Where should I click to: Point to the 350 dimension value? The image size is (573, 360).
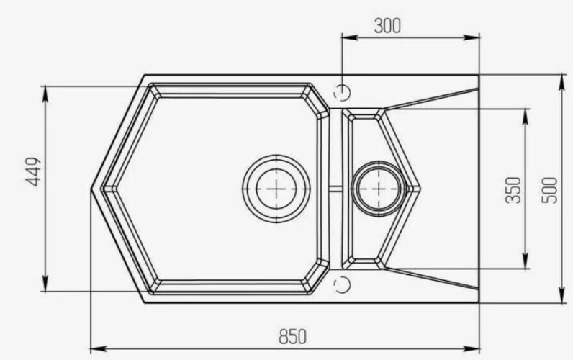513,189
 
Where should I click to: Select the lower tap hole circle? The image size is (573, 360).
343,283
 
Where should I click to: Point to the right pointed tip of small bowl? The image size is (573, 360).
419,188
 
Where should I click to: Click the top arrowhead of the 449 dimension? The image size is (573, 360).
46,89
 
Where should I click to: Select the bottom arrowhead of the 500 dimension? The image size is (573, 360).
562,297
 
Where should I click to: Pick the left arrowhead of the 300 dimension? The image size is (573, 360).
345,36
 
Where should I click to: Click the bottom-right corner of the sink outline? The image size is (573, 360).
479,302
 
